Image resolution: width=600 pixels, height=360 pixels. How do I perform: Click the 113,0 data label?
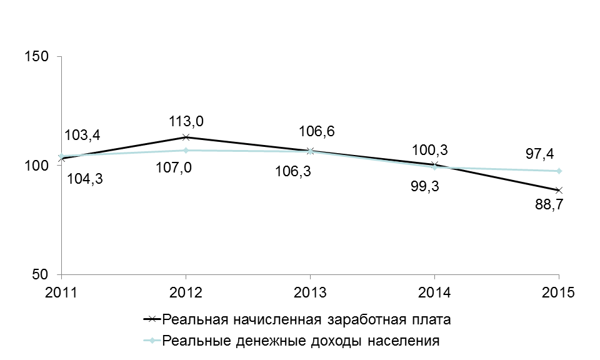pyautogui.click(x=186, y=121)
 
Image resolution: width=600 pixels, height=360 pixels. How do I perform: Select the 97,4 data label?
pyautogui.click(x=539, y=154)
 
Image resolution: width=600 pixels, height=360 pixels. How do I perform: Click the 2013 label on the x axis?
pyautogui.click(x=310, y=292)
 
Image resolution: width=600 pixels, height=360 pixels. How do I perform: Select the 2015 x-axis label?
pyautogui.click(x=559, y=292)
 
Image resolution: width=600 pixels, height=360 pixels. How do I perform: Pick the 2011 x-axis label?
pyautogui.click(x=61, y=292)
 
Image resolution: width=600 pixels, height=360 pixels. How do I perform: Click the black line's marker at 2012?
pyautogui.click(x=186, y=137)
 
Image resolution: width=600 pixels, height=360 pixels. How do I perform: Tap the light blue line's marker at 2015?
pyautogui.click(x=559, y=171)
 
